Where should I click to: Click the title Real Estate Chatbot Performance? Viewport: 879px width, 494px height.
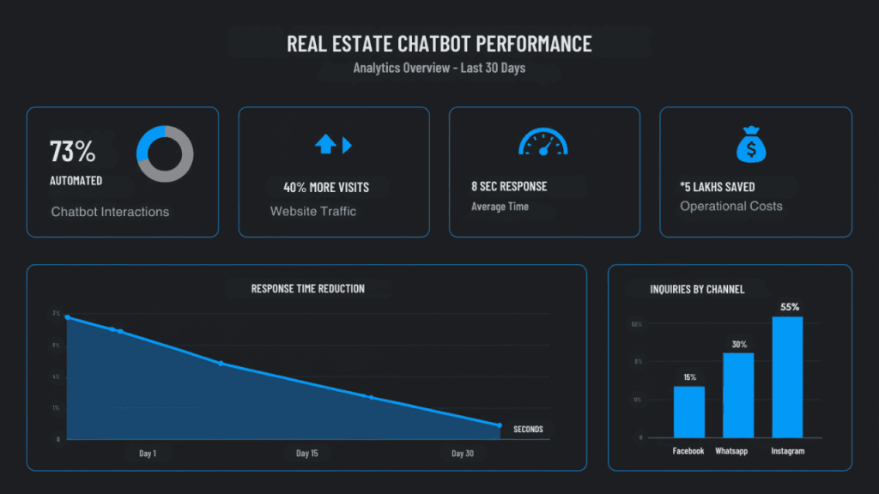coord(439,43)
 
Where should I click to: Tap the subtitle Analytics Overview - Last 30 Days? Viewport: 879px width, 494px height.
coord(439,68)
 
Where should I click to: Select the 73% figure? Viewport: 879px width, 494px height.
coord(72,152)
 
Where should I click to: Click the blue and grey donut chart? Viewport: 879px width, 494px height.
coord(165,154)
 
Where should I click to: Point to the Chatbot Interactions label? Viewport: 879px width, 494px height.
coord(110,212)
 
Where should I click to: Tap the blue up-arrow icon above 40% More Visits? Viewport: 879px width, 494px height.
coord(325,145)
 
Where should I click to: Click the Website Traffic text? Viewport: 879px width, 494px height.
coord(312,211)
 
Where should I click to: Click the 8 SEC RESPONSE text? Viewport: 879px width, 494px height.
coord(509,186)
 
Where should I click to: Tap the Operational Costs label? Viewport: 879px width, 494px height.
coord(731,206)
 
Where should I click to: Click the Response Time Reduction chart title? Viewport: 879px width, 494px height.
coord(307,289)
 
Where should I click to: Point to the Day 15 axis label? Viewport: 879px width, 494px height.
coord(307,454)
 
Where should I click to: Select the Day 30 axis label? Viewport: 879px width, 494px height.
coord(463,454)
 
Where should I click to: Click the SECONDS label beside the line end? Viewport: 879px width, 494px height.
coord(528,429)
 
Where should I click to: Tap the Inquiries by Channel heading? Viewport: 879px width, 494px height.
coord(697,289)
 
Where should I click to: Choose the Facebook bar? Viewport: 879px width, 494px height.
coord(688,412)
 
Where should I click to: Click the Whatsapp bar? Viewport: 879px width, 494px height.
coord(738,395)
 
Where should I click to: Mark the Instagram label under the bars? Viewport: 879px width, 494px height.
coord(788,451)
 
